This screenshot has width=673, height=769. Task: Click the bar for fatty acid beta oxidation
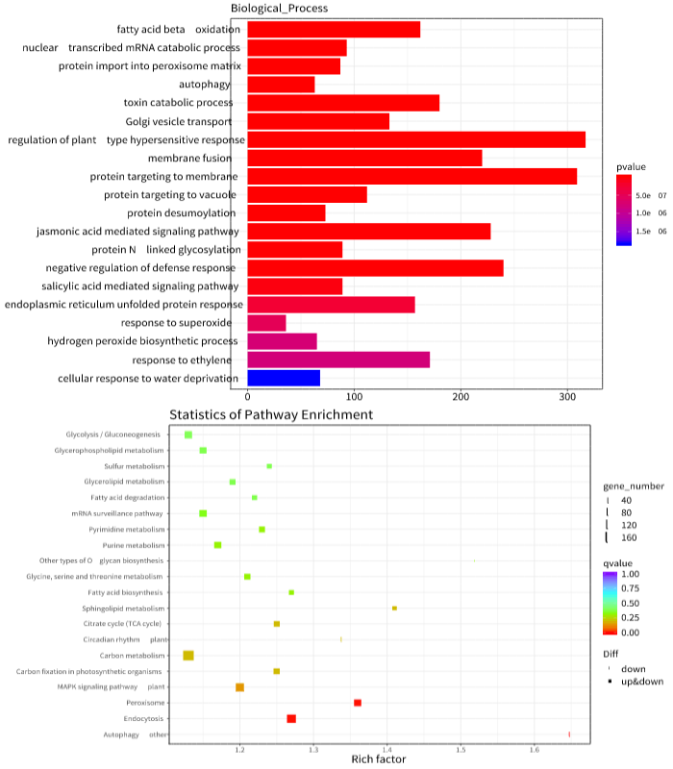(x=334, y=30)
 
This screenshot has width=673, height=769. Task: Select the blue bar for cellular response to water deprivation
(x=284, y=378)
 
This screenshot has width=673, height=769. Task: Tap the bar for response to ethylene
(x=338, y=360)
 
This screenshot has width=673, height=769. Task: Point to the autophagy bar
(x=281, y=85)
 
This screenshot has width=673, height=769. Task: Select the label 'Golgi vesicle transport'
(x=178, y=121)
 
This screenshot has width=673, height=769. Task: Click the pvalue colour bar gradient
(x=624, y=211)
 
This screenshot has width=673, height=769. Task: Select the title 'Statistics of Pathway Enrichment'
(x=271, y=414)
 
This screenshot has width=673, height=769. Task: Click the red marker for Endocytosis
(x=291, y=719)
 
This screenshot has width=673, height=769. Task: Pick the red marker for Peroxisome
(x=358, y=703)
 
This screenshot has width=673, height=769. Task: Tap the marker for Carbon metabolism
(x=188, y=656)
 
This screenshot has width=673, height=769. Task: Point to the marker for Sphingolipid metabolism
(x=394, y=608)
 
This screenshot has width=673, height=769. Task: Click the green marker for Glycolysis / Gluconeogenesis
(x=188, y=435)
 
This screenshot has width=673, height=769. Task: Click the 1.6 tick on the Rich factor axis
(x=536, y=747)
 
